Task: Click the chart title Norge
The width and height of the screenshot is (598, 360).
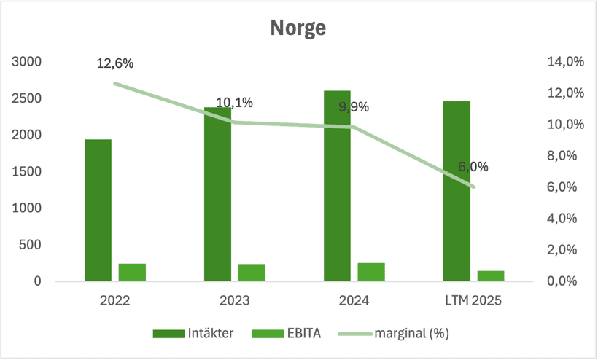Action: coord(298,28)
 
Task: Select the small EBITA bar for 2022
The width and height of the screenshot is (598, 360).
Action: coord(132,273)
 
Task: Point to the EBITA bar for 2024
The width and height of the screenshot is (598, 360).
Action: coord(371,272)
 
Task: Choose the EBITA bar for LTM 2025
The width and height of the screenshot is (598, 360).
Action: coord(491,276)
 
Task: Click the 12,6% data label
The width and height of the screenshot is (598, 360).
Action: coord(115,63)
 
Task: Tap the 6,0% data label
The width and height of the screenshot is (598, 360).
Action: coord(473,167)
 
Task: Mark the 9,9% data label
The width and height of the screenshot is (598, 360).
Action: coord(354,107)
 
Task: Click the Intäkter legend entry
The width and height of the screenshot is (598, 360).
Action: coord(193,334)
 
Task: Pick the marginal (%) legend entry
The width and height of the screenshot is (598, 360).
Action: coord(394,334)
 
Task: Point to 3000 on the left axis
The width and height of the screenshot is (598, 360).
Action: coord(27,62)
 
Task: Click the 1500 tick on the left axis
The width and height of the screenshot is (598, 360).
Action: coord(27,172)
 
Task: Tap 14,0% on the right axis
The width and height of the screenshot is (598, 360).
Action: coord(565,62)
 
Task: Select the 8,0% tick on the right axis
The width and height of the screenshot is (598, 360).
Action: coord(565,156)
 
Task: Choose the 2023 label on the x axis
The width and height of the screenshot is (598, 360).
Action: coord(234,300)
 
